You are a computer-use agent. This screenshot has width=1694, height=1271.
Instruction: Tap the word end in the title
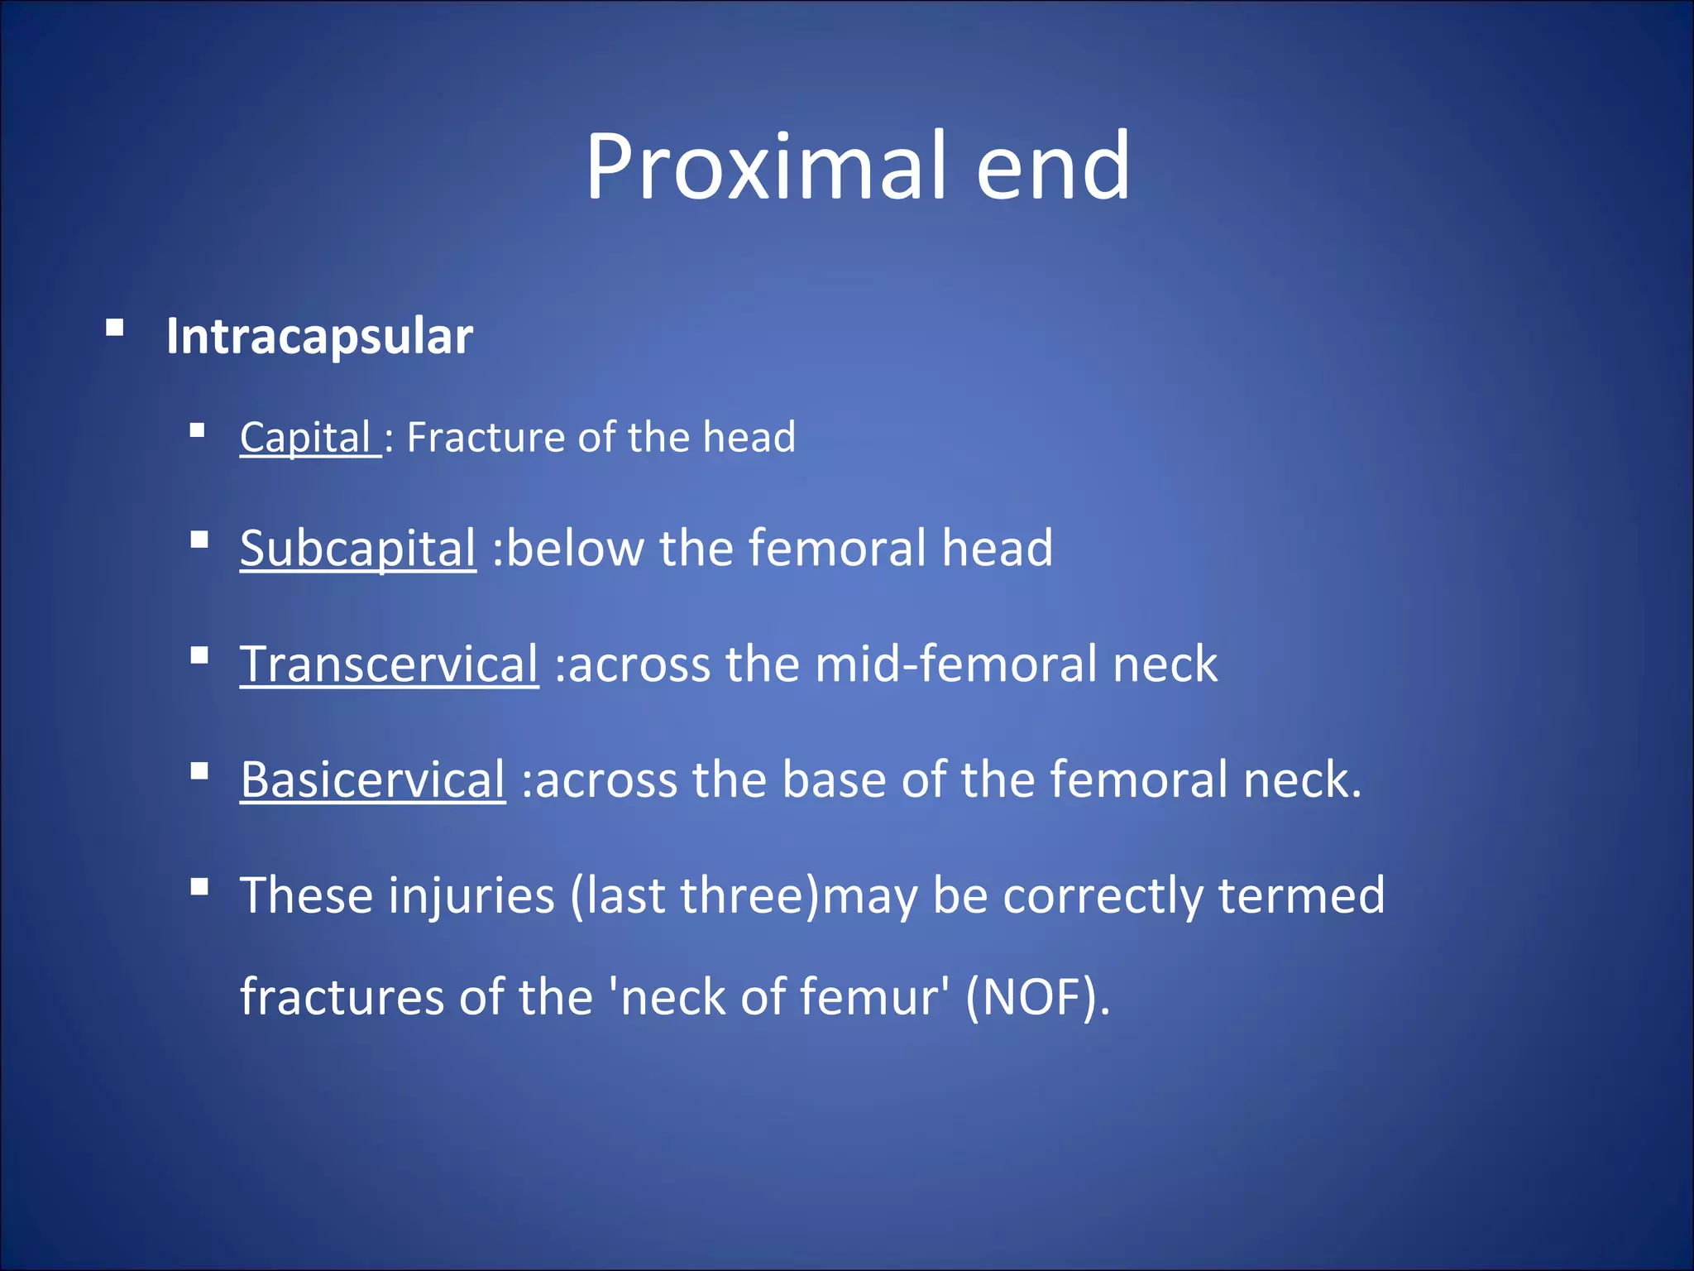1052,167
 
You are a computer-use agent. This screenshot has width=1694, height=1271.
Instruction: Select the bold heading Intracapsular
319,336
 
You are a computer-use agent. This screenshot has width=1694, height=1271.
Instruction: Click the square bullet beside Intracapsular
115,329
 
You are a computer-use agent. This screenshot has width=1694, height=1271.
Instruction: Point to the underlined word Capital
306,437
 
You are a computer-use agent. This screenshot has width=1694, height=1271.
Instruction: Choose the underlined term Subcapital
358,548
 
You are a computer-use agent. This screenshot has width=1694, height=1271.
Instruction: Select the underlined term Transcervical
389,664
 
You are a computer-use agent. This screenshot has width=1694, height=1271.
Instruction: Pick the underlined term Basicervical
372,779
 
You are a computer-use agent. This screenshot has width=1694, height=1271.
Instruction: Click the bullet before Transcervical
199,656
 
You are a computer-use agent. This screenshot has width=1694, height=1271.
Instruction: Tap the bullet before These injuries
199,888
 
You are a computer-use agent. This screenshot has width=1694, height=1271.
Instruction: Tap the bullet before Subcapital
199,540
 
